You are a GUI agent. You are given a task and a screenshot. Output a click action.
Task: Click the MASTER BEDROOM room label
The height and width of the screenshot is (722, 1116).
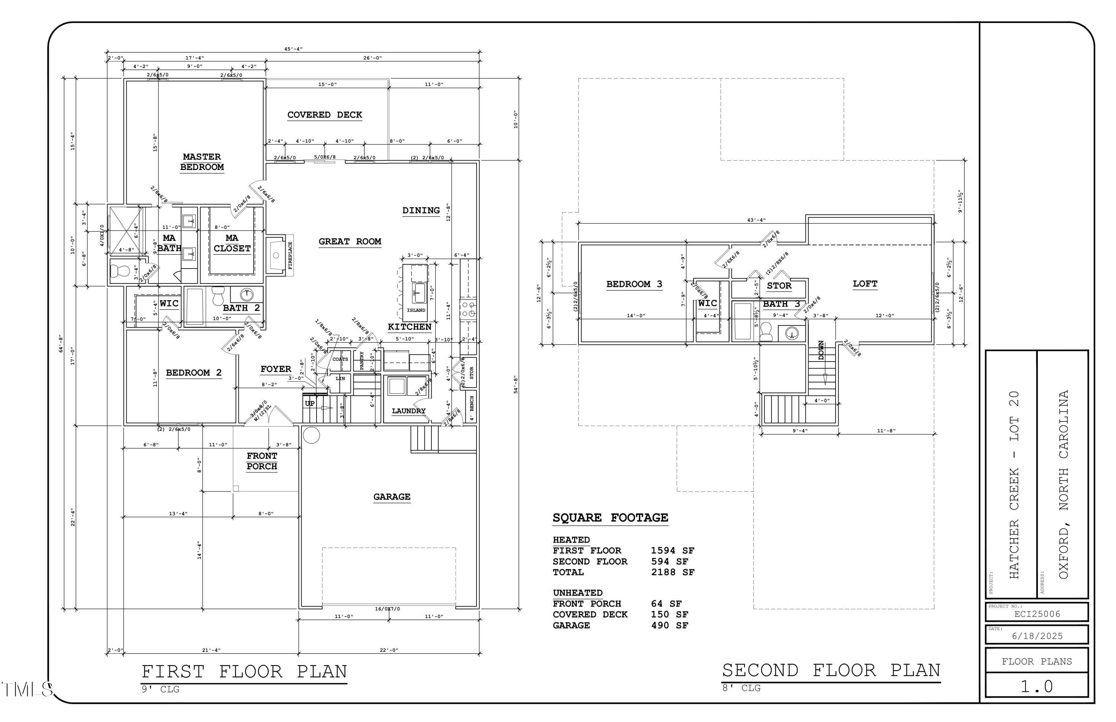[x=202, y=162]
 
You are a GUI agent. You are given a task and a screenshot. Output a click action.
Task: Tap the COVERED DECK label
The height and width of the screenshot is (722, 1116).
[x=324, y=115]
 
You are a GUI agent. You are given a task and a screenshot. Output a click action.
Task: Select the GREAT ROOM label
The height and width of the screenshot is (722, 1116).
[x=350, y=241]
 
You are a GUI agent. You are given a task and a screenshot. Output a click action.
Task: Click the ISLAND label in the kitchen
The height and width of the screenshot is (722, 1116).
[x=416, y=310]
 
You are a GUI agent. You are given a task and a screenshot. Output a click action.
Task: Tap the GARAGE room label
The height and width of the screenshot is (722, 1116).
[x=392, y=497]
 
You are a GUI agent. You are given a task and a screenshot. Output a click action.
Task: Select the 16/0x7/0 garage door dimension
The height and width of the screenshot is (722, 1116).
[x=387, y=609]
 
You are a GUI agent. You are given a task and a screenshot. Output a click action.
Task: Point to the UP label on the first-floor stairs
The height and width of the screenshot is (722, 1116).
[x=310, y=404]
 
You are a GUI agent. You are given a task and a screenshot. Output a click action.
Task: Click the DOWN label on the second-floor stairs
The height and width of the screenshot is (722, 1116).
[x=821, y=350]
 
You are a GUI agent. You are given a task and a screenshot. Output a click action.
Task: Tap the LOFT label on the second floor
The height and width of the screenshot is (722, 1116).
[x=865, y=284]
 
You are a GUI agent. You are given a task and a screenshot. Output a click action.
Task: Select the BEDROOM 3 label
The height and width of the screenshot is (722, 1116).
[x=634, y=284]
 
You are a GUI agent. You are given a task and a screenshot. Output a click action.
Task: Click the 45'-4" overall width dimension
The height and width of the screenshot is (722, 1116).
[x=294, y=49]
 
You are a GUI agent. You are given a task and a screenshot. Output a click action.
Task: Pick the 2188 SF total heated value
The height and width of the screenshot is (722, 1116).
[x=673, y=572]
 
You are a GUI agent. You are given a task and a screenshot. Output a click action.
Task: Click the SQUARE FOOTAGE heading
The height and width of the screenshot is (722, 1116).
[x=610, y=517]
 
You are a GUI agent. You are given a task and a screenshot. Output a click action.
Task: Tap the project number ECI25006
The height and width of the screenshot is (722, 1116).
[x=1037, y=614]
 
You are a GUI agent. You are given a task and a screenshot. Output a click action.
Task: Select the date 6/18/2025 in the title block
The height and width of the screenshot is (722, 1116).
[x=1037, y=636]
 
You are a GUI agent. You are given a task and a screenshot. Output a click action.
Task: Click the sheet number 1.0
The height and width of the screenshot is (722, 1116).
[x=1037, y=686]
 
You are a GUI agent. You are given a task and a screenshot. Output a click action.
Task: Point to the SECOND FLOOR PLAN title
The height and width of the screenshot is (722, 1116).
[x=831, y=670]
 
